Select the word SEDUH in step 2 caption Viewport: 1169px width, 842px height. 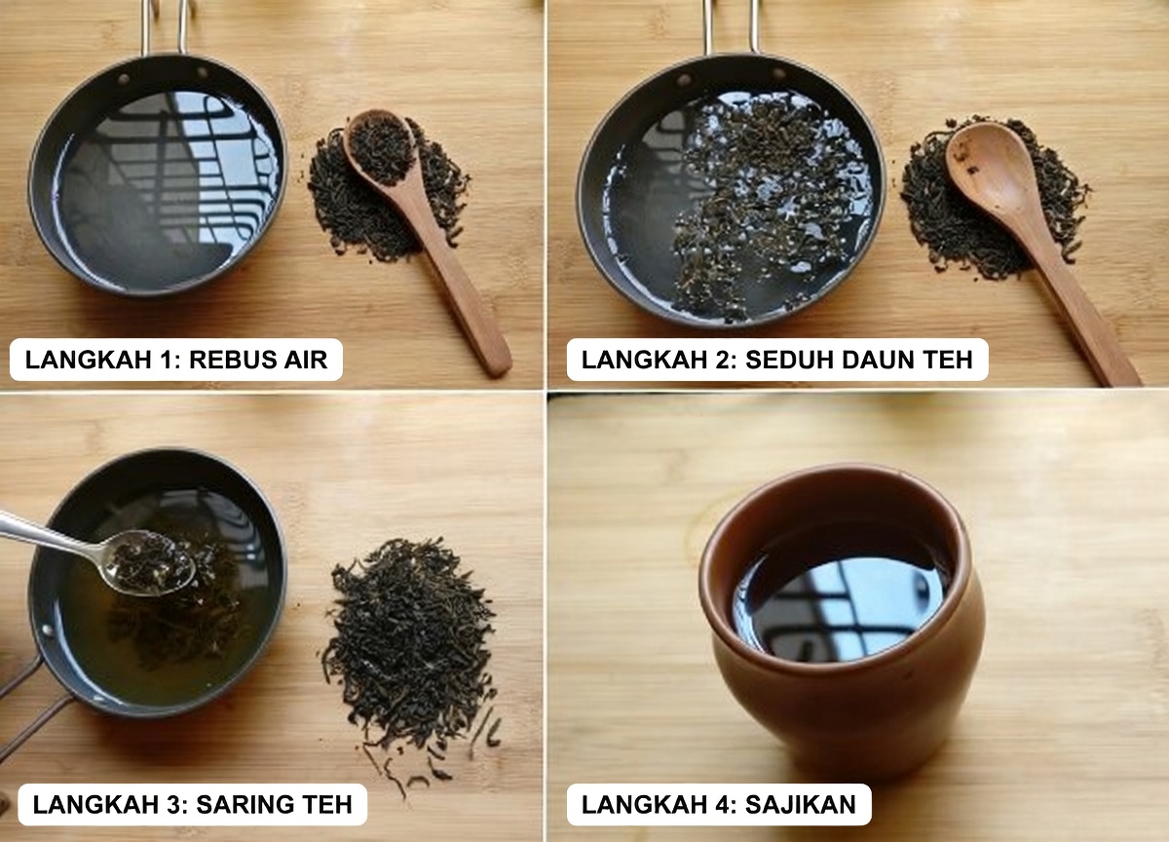pos(786,360)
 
